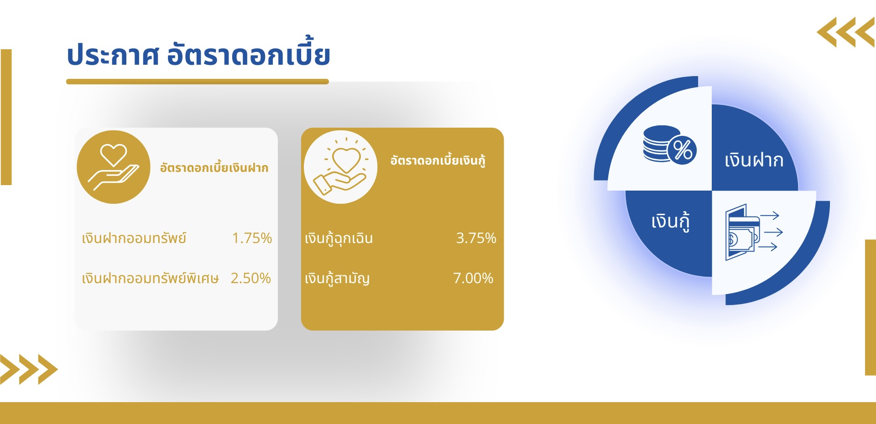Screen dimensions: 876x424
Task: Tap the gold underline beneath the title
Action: (198, 82)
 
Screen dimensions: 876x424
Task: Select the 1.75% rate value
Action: (252, 238)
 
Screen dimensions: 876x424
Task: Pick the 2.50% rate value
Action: (250, 278)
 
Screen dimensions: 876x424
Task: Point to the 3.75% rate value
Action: (476, 238)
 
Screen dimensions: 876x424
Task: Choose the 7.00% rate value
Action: (473, 278)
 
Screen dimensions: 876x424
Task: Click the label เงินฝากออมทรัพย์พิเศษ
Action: (150, 278)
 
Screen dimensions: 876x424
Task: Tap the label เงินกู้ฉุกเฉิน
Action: (339, 238)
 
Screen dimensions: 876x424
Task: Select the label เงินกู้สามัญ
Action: (337, 278)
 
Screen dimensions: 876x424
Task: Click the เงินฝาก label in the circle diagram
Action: (754, 160)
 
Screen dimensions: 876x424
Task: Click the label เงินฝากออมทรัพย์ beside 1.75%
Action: (134, 238)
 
